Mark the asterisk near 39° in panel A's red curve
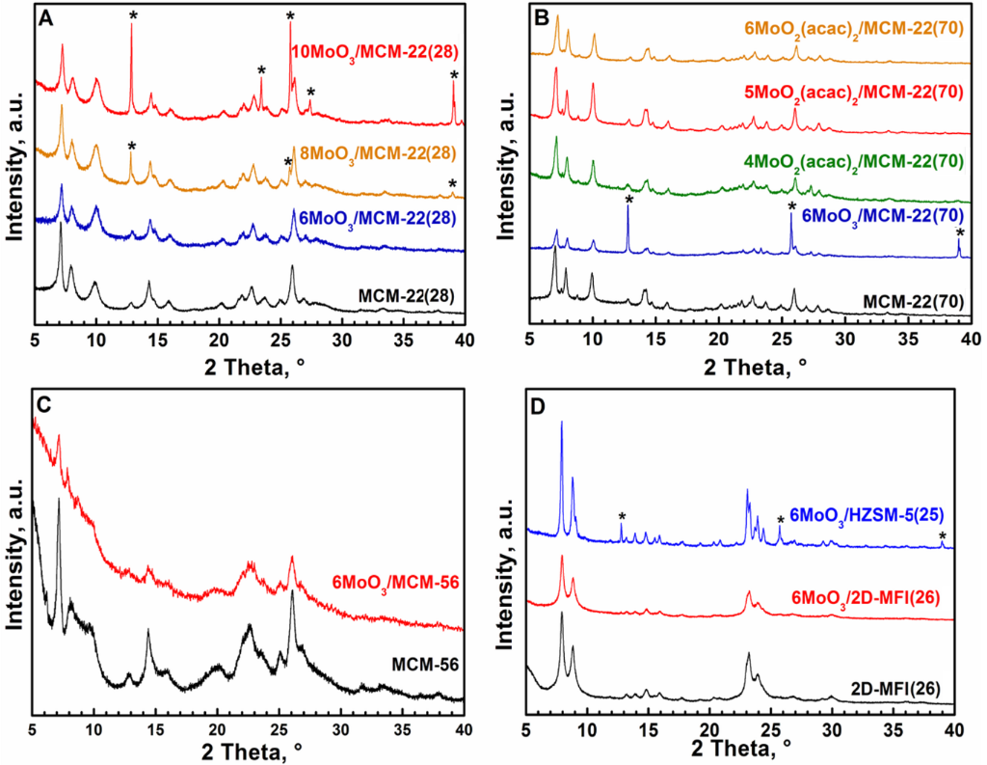point(454,75)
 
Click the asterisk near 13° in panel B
point(628,201)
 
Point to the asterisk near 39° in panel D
point(943,536)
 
